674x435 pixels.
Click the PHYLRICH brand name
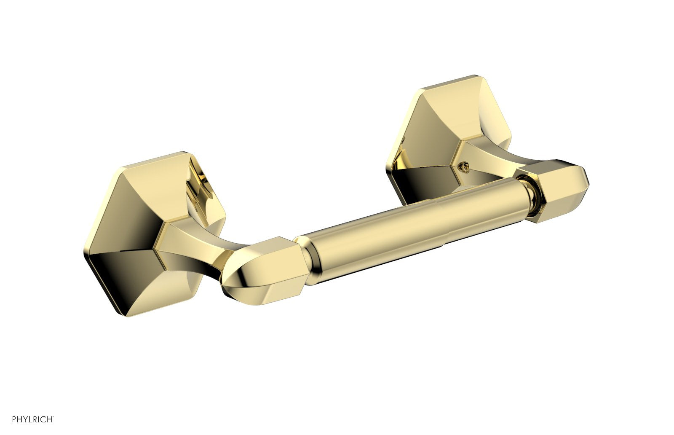tap(32, 419)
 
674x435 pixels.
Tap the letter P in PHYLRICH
tap(14, 419)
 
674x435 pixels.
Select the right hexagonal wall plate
tap(448, 135)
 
